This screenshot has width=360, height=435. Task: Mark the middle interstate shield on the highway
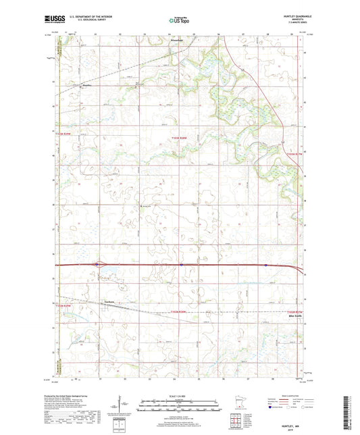pos(182,265)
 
